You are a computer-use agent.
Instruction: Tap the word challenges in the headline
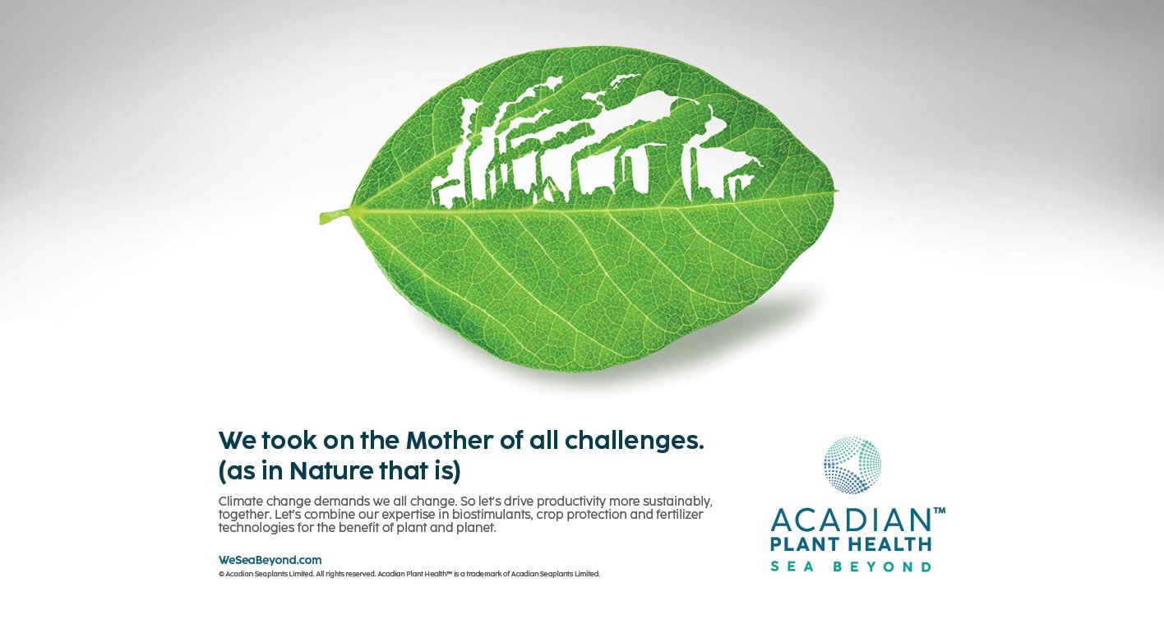pyautogui.click(x=634, y=442)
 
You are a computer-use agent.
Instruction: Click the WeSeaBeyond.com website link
pyautogui.click(x=270, y=560)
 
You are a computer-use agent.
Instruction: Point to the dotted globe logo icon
pyautogui.click(x=852, y=465)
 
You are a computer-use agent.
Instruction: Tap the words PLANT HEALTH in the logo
pyautogui.click(x=851, y=544)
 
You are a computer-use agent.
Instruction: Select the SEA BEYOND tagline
pyautogui.click(x=851, y=566)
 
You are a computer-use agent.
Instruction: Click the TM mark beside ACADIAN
pyautogui.click(x=939, y=511)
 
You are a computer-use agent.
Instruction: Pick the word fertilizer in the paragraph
pyautogui.click(x=678, y=515)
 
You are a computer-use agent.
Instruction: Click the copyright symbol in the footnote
pyautogui.click(x=221, y=575)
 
